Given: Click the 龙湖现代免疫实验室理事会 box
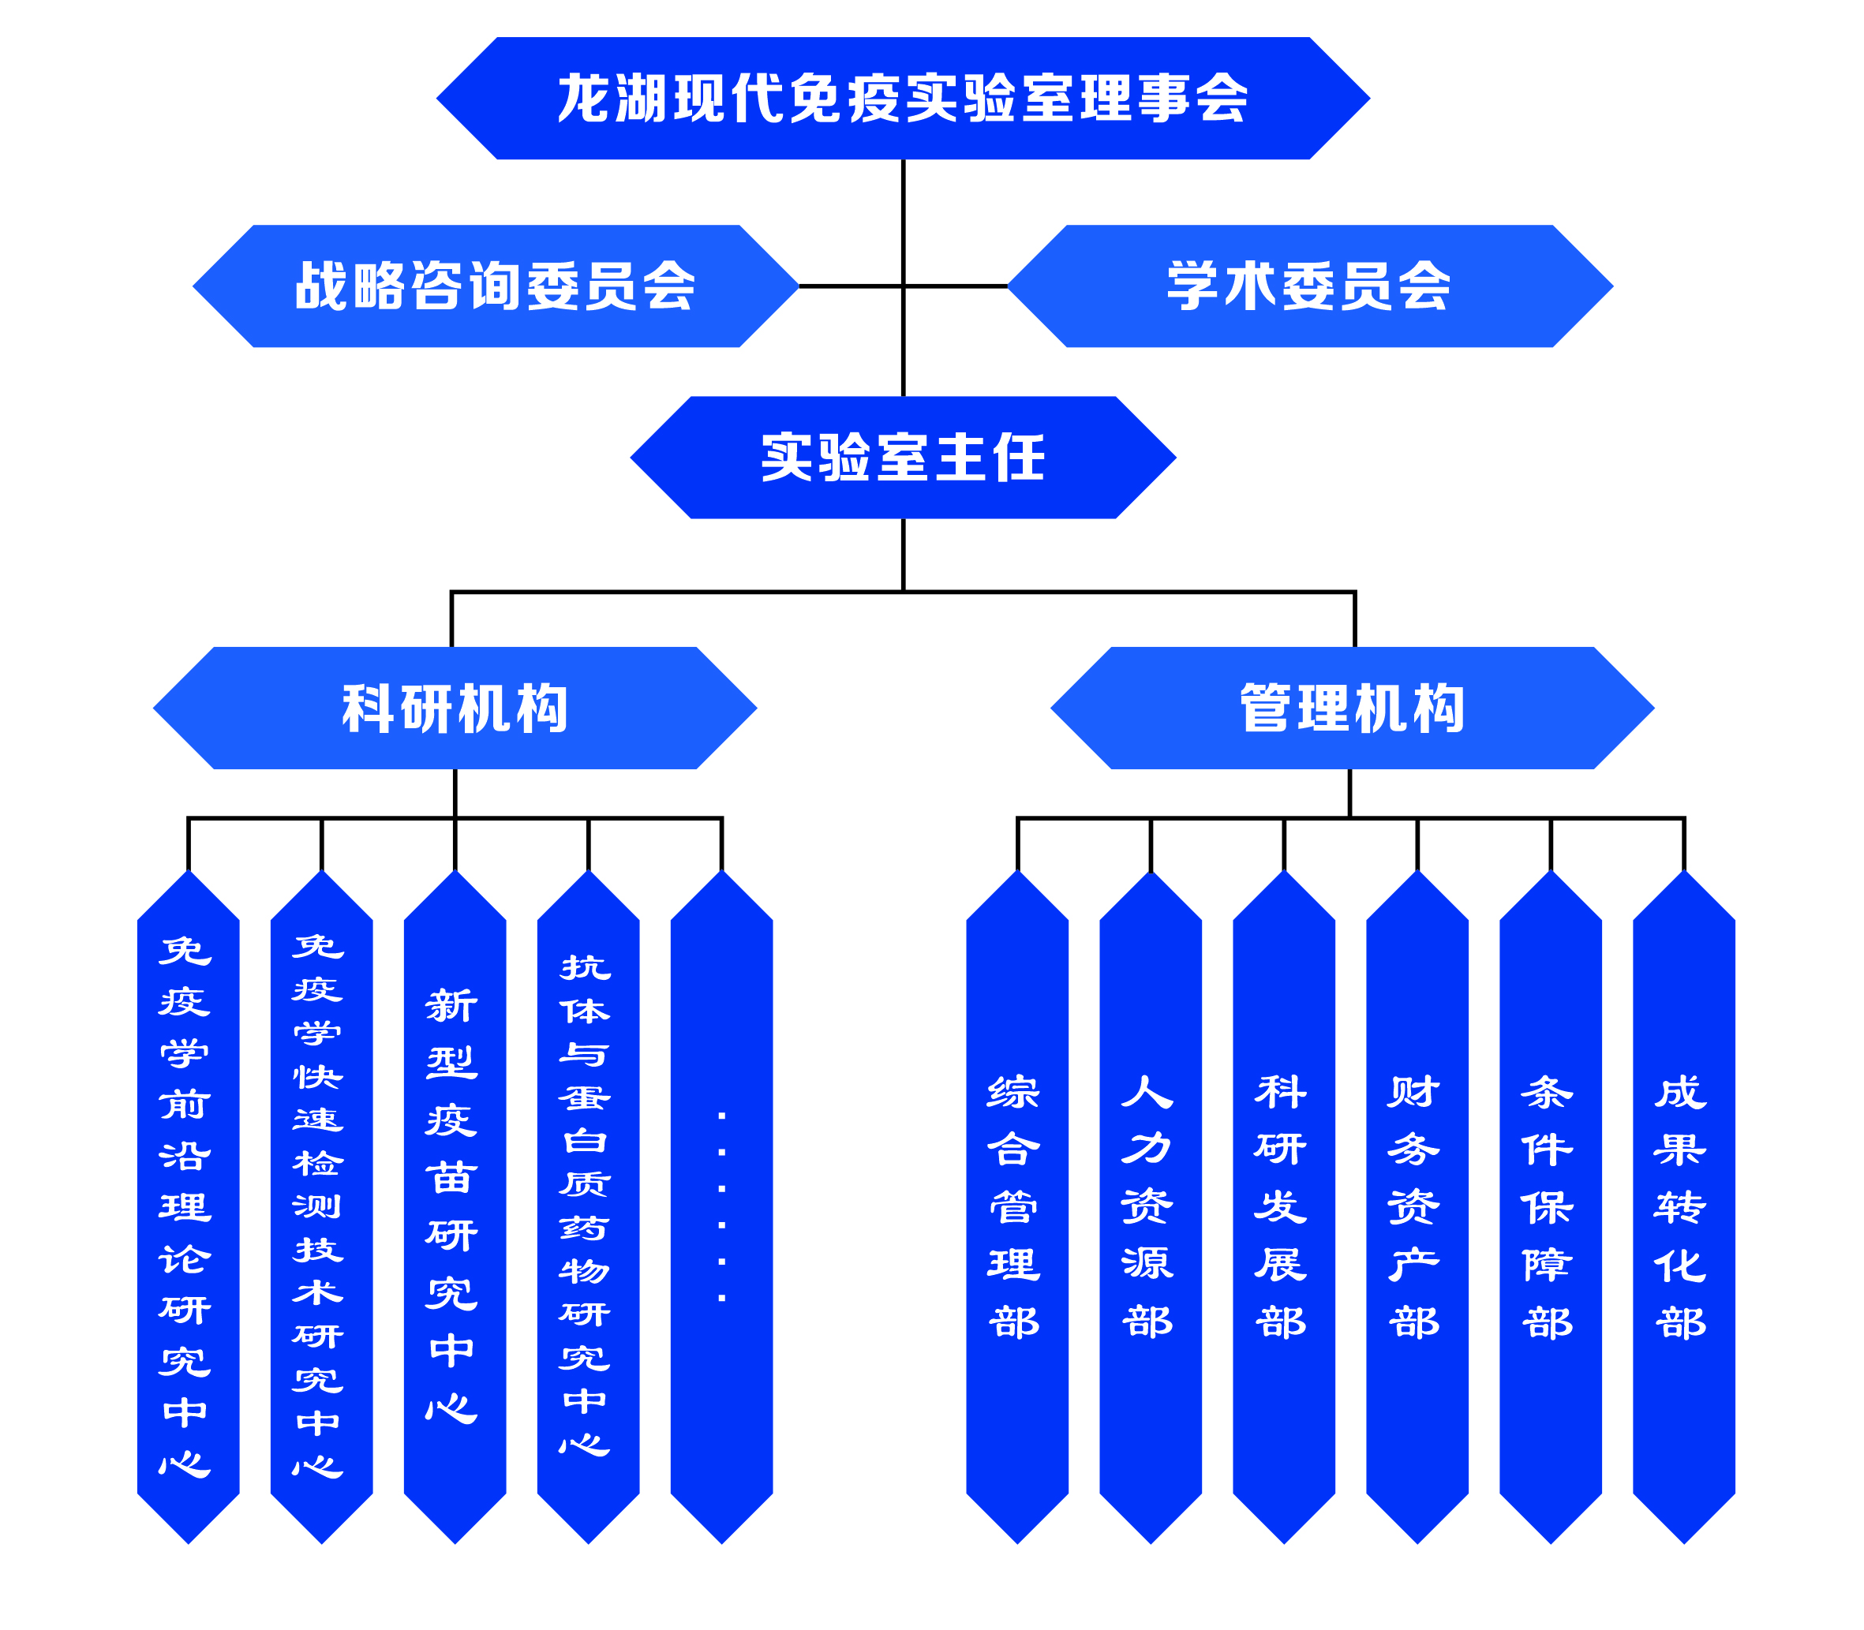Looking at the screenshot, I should tap(903, 99).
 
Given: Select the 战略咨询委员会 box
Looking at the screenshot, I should tap(495, 286).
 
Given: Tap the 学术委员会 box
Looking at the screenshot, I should tap(1309, 286).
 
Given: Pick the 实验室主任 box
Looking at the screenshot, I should tap(903, 457).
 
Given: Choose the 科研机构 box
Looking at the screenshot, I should tap(455, 708).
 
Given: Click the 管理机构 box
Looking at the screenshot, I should tap(1352, 708).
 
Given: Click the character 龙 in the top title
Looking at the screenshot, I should tap(584, 99).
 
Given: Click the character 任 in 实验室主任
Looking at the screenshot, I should tap(1019, 457).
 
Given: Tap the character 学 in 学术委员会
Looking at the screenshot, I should tap(1195, 286).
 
